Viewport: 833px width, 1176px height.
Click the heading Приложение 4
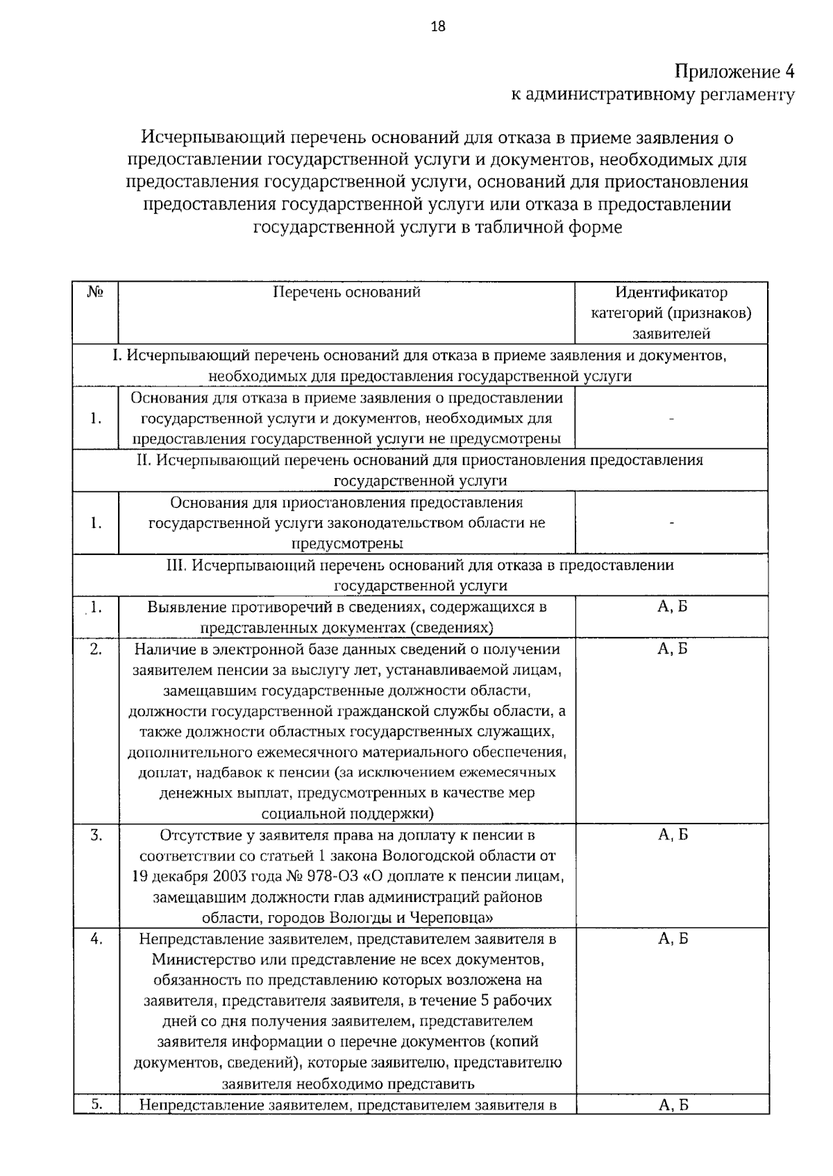[734, 72]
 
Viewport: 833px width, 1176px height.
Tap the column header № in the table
[95, 292]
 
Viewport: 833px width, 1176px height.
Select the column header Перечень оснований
[346, 292]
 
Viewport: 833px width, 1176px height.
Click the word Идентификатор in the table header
[671, 292]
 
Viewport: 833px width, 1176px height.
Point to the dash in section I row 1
[671, 418]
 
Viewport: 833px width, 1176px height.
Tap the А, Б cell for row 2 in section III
[672, 649]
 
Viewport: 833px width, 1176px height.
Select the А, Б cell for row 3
[672, 835]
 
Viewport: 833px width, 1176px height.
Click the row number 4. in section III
[96, 939]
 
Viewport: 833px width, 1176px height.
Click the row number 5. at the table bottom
[96, 1105]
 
